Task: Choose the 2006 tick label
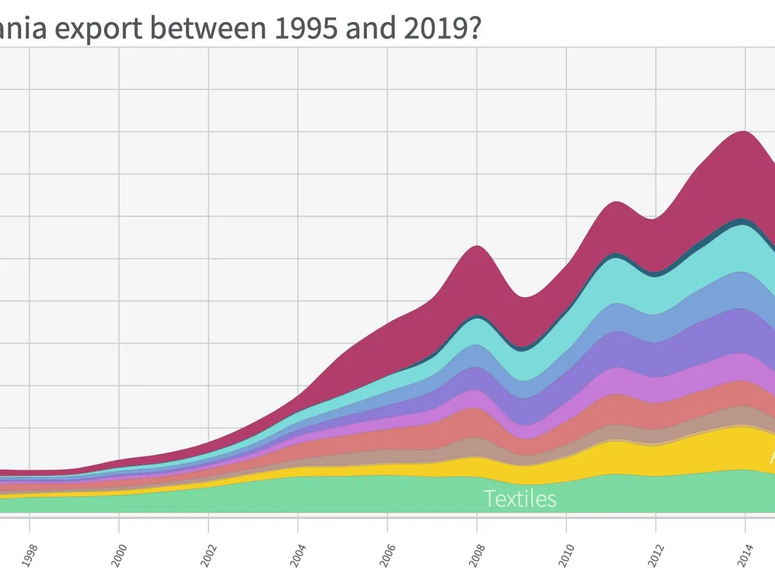[x=388, y=553]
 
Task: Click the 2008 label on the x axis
[x=478, y=553]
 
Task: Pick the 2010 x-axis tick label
[x=567, y=553]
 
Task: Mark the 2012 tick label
[x=656, y=553]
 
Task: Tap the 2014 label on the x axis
[x=746, y=553]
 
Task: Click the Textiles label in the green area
[x=520, y=498]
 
